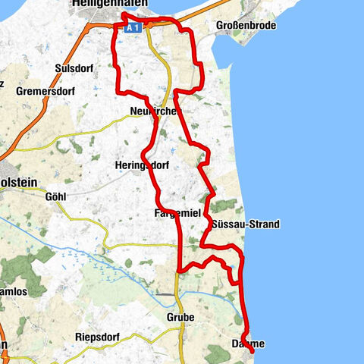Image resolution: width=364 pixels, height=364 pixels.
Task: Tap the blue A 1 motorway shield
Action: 133,27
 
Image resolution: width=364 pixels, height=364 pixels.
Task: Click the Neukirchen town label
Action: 154,111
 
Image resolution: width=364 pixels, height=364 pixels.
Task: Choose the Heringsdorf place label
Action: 143,165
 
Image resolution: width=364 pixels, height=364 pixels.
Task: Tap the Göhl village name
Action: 56,196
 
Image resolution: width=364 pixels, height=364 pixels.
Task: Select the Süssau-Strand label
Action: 246,224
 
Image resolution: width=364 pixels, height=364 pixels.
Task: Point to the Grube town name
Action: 180,317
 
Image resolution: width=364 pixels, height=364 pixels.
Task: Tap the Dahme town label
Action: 247,344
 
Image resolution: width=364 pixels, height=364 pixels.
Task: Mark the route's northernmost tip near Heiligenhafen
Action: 124,14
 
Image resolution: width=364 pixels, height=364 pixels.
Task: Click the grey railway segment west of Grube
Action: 162,293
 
